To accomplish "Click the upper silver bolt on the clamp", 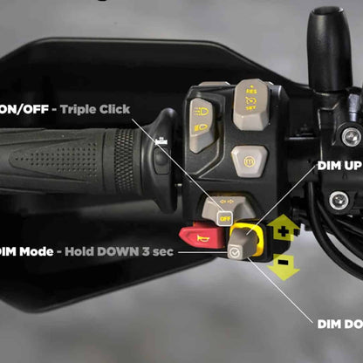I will coord(351,136).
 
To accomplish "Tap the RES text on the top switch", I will coord(252,90).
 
